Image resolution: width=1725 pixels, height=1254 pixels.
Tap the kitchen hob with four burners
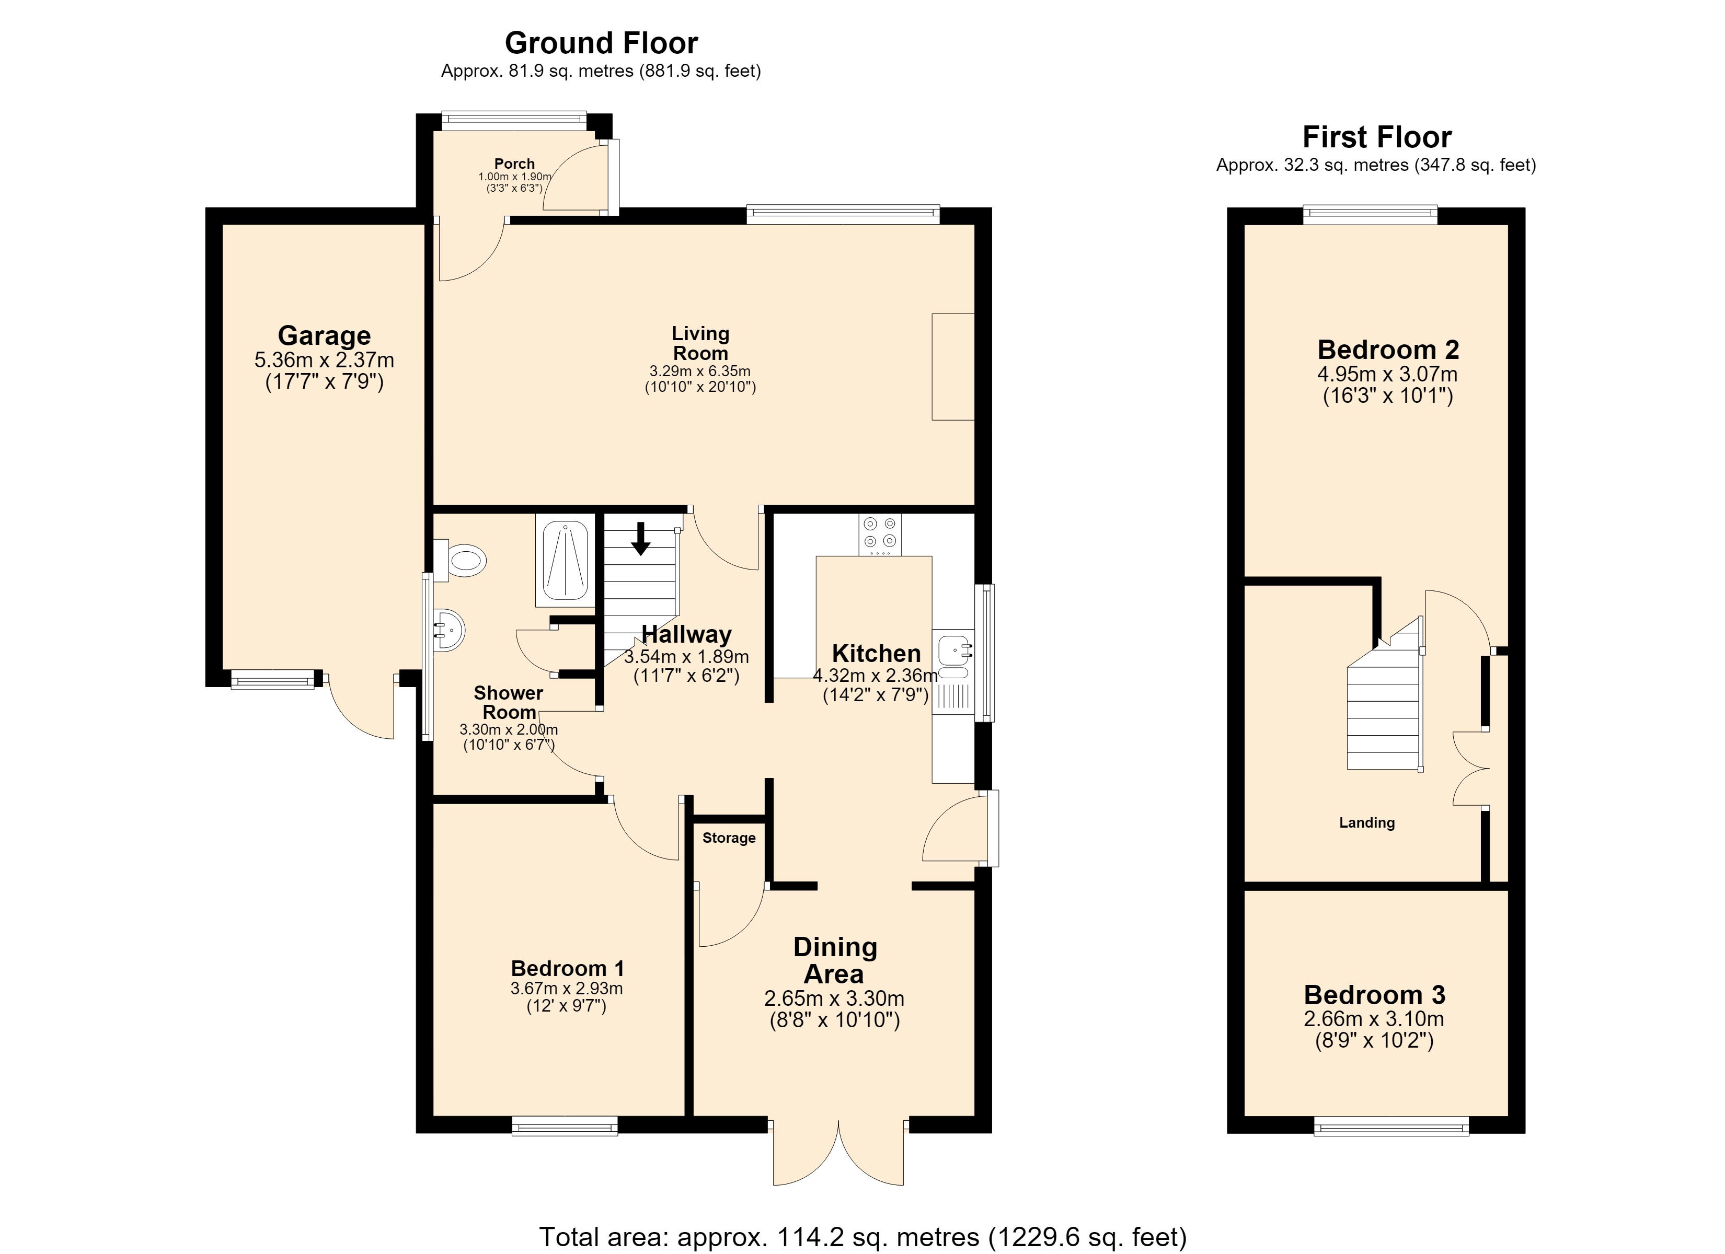pos(880,535)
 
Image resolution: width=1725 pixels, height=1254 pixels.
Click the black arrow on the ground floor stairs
pos(641,538)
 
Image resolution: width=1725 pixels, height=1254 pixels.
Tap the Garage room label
pos(324,335)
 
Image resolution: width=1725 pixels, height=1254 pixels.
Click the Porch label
pos(514,164)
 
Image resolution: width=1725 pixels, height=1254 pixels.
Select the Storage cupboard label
pos(729,838)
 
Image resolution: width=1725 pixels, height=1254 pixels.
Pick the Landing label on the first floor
pos(1367,823)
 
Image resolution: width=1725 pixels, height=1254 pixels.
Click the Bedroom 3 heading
pos(1374,995)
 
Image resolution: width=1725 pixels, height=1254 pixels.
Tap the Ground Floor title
pos(601,43)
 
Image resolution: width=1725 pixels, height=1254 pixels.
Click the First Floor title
pos(1377,137)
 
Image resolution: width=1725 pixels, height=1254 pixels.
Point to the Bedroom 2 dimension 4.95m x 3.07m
pos(1387,374)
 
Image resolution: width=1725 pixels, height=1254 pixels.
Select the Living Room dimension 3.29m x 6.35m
pos(700,371)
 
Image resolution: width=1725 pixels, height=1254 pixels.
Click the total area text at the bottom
pos(862,1237)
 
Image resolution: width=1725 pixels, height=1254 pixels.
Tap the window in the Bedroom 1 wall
pos(565,1125)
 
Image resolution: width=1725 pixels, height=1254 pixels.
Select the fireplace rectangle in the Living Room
pos(953,367)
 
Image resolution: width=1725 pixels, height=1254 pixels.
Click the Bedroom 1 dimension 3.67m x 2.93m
pos(567,989)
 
